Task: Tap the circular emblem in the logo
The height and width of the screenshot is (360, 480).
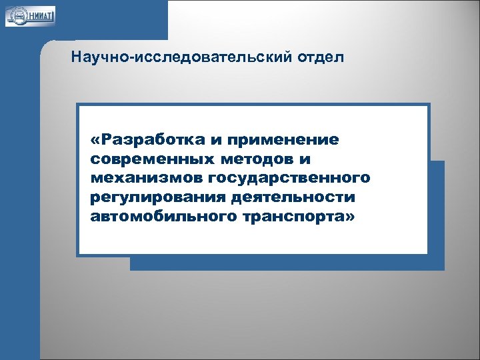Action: (x=14, y=15)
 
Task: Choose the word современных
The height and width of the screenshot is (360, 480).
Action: (x=142, y=159)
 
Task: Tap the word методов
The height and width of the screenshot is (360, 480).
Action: (x=250, y=159)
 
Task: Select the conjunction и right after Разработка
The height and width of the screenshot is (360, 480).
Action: (x=217, y=141)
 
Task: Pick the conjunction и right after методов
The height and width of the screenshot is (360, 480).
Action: (x=306, y=160)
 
